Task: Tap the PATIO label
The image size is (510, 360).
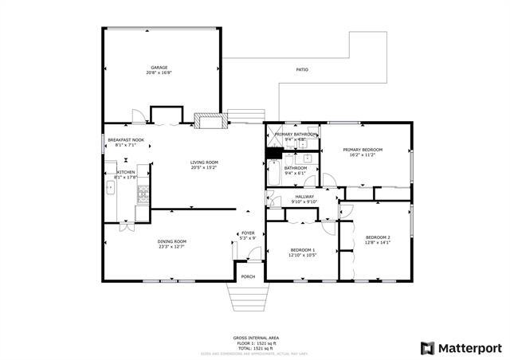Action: pyautogui.click(x=302, y=70)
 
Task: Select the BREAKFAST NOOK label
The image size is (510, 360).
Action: pyautogui.click(x=126, y=140)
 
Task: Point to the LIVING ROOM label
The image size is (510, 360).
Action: pyautogui.click(x=204, y=162)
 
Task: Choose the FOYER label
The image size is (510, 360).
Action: pyautogui.click(x=248, y=233)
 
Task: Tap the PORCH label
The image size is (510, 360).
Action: pyautogui.click(x=249, y=277)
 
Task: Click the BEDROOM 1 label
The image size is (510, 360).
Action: pyautogui.click(x=302, y=251)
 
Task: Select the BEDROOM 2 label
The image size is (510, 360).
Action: pyautogui.click(x=378, y=237)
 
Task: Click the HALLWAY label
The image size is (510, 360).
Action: pyautogui.click(x=304, y=197)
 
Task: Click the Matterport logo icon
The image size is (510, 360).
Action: pyautogui.click(x=427, y=348)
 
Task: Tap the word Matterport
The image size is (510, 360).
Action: pyautogui.click(x=469, y=348)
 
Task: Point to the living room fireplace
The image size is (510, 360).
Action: pyautogui.click(x=210, y=120)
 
